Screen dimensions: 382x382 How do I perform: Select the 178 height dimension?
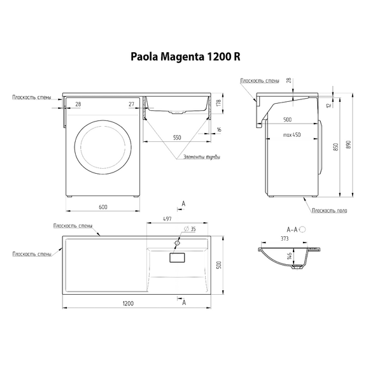click(218, 104)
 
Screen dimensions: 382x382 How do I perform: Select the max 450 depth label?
click(292, 134)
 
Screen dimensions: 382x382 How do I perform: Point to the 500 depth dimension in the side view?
click(287, 119)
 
